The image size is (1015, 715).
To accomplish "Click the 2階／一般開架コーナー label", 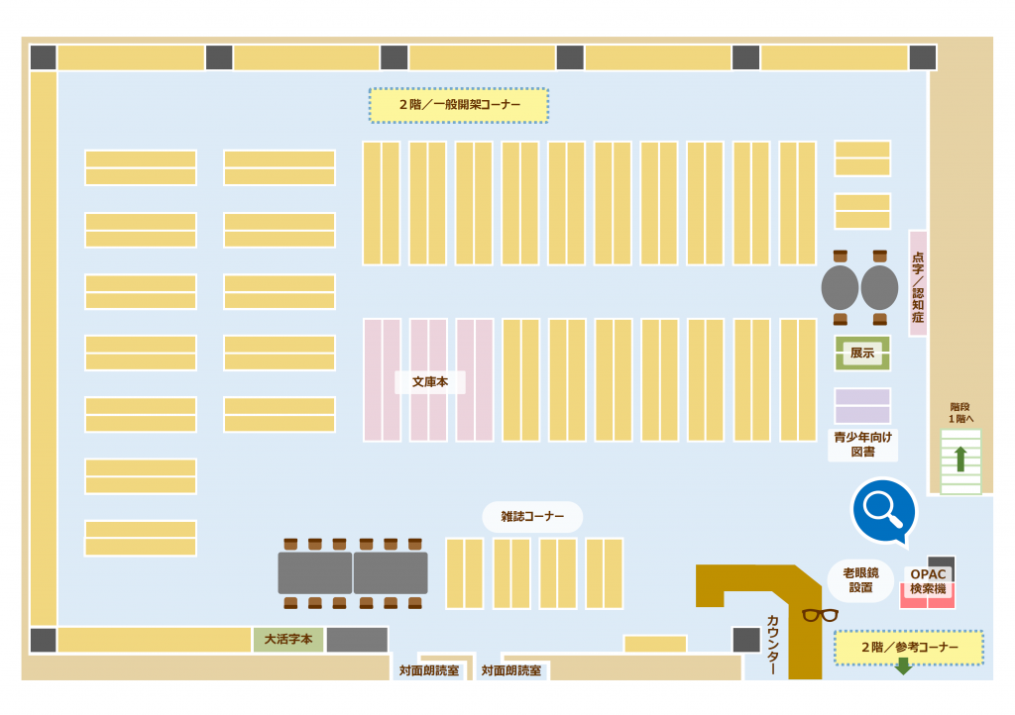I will point(459,105).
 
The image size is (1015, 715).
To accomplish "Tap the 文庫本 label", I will point(430,381).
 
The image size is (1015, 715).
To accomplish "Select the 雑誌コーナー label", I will point(532,516).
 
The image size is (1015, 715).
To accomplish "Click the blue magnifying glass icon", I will point(883,509).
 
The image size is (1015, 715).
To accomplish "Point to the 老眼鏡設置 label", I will point(860,580).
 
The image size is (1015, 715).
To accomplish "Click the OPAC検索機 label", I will point(930,581).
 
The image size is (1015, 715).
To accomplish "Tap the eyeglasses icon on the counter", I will point(820,615).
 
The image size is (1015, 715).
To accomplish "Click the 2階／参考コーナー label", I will point(909,648).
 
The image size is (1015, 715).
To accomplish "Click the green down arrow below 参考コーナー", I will point(903,666).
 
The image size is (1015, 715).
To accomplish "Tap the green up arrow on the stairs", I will point(959,459).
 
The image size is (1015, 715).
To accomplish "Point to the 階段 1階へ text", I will point(960,412).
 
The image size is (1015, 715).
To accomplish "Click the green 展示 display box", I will point(862,353).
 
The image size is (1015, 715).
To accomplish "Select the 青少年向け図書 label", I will point(862,444).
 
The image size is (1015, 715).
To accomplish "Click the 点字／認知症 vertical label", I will point(918,283).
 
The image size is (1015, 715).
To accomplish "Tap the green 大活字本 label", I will point(288,640).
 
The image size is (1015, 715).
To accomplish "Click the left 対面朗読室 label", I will point(429,670).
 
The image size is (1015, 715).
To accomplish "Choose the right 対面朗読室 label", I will point(511,670).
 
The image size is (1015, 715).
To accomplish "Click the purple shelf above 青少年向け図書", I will point(862,406).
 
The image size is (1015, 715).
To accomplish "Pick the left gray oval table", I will point(840,287).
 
